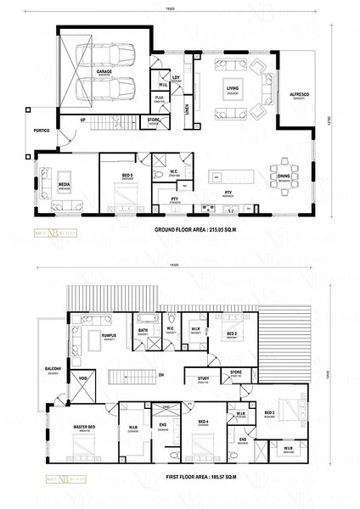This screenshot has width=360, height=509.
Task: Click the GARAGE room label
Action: [x=104, y=72]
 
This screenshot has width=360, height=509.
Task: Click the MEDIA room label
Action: [x=64, y=183]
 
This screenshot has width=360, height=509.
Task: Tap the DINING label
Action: [x=284, y=176]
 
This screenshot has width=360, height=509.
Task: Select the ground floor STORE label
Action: [x=153, y=120]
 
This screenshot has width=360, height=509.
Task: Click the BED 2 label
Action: [x=231, y=334]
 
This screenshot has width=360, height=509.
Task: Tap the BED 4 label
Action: [x=202, y=422]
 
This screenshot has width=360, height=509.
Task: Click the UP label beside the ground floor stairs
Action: [x=82, y=120]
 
